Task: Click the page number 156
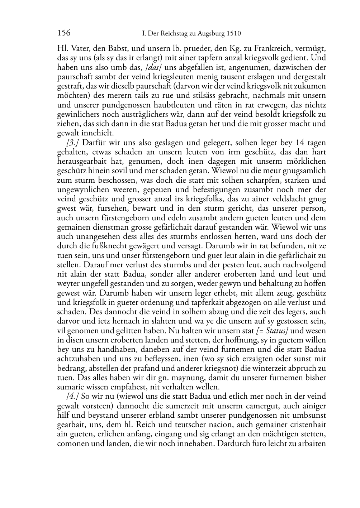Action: click(x=64, y=33)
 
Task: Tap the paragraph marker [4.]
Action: click(x=73, y=396)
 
